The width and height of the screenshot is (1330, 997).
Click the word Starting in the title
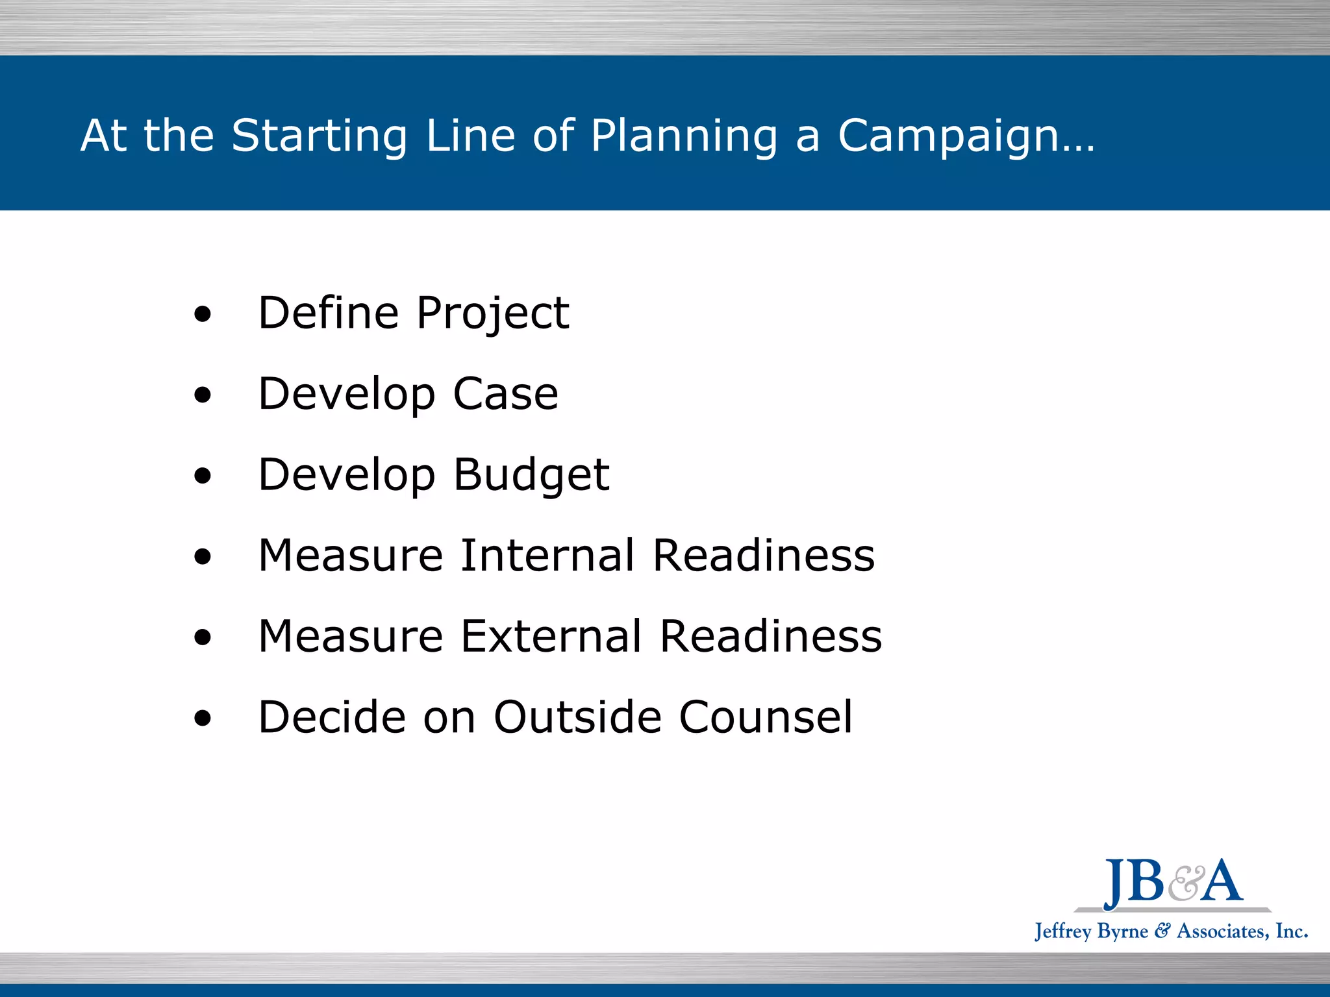319,136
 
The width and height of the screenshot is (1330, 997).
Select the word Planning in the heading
684,136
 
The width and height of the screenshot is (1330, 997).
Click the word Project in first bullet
492,314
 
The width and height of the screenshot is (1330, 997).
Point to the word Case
505,394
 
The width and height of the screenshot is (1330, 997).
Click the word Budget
531,474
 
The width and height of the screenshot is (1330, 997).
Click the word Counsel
766,717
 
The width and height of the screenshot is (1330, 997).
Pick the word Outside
577,717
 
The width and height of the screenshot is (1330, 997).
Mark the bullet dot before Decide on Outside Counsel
203,719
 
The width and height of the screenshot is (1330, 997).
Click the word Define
328,313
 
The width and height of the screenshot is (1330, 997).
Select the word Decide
332,717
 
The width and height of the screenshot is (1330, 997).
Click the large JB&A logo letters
1173,882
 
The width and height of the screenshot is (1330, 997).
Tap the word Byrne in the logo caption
1122,931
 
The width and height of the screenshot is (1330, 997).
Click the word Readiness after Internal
763,556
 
